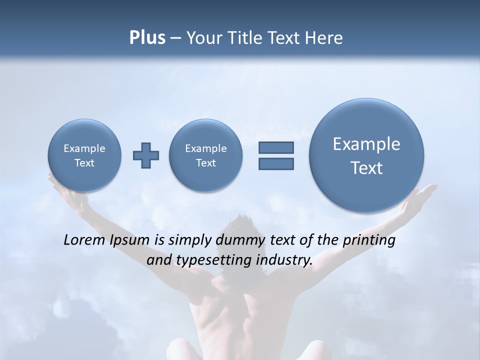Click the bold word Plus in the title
tap(147, 38)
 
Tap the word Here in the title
tap(324, 38)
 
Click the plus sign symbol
tap(146, 155)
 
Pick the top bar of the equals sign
tap(276, 147)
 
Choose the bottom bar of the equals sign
tap(276, 163)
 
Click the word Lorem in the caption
tap(84, 240)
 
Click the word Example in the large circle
tap(366, 144)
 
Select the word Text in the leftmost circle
tap(84, 163)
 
